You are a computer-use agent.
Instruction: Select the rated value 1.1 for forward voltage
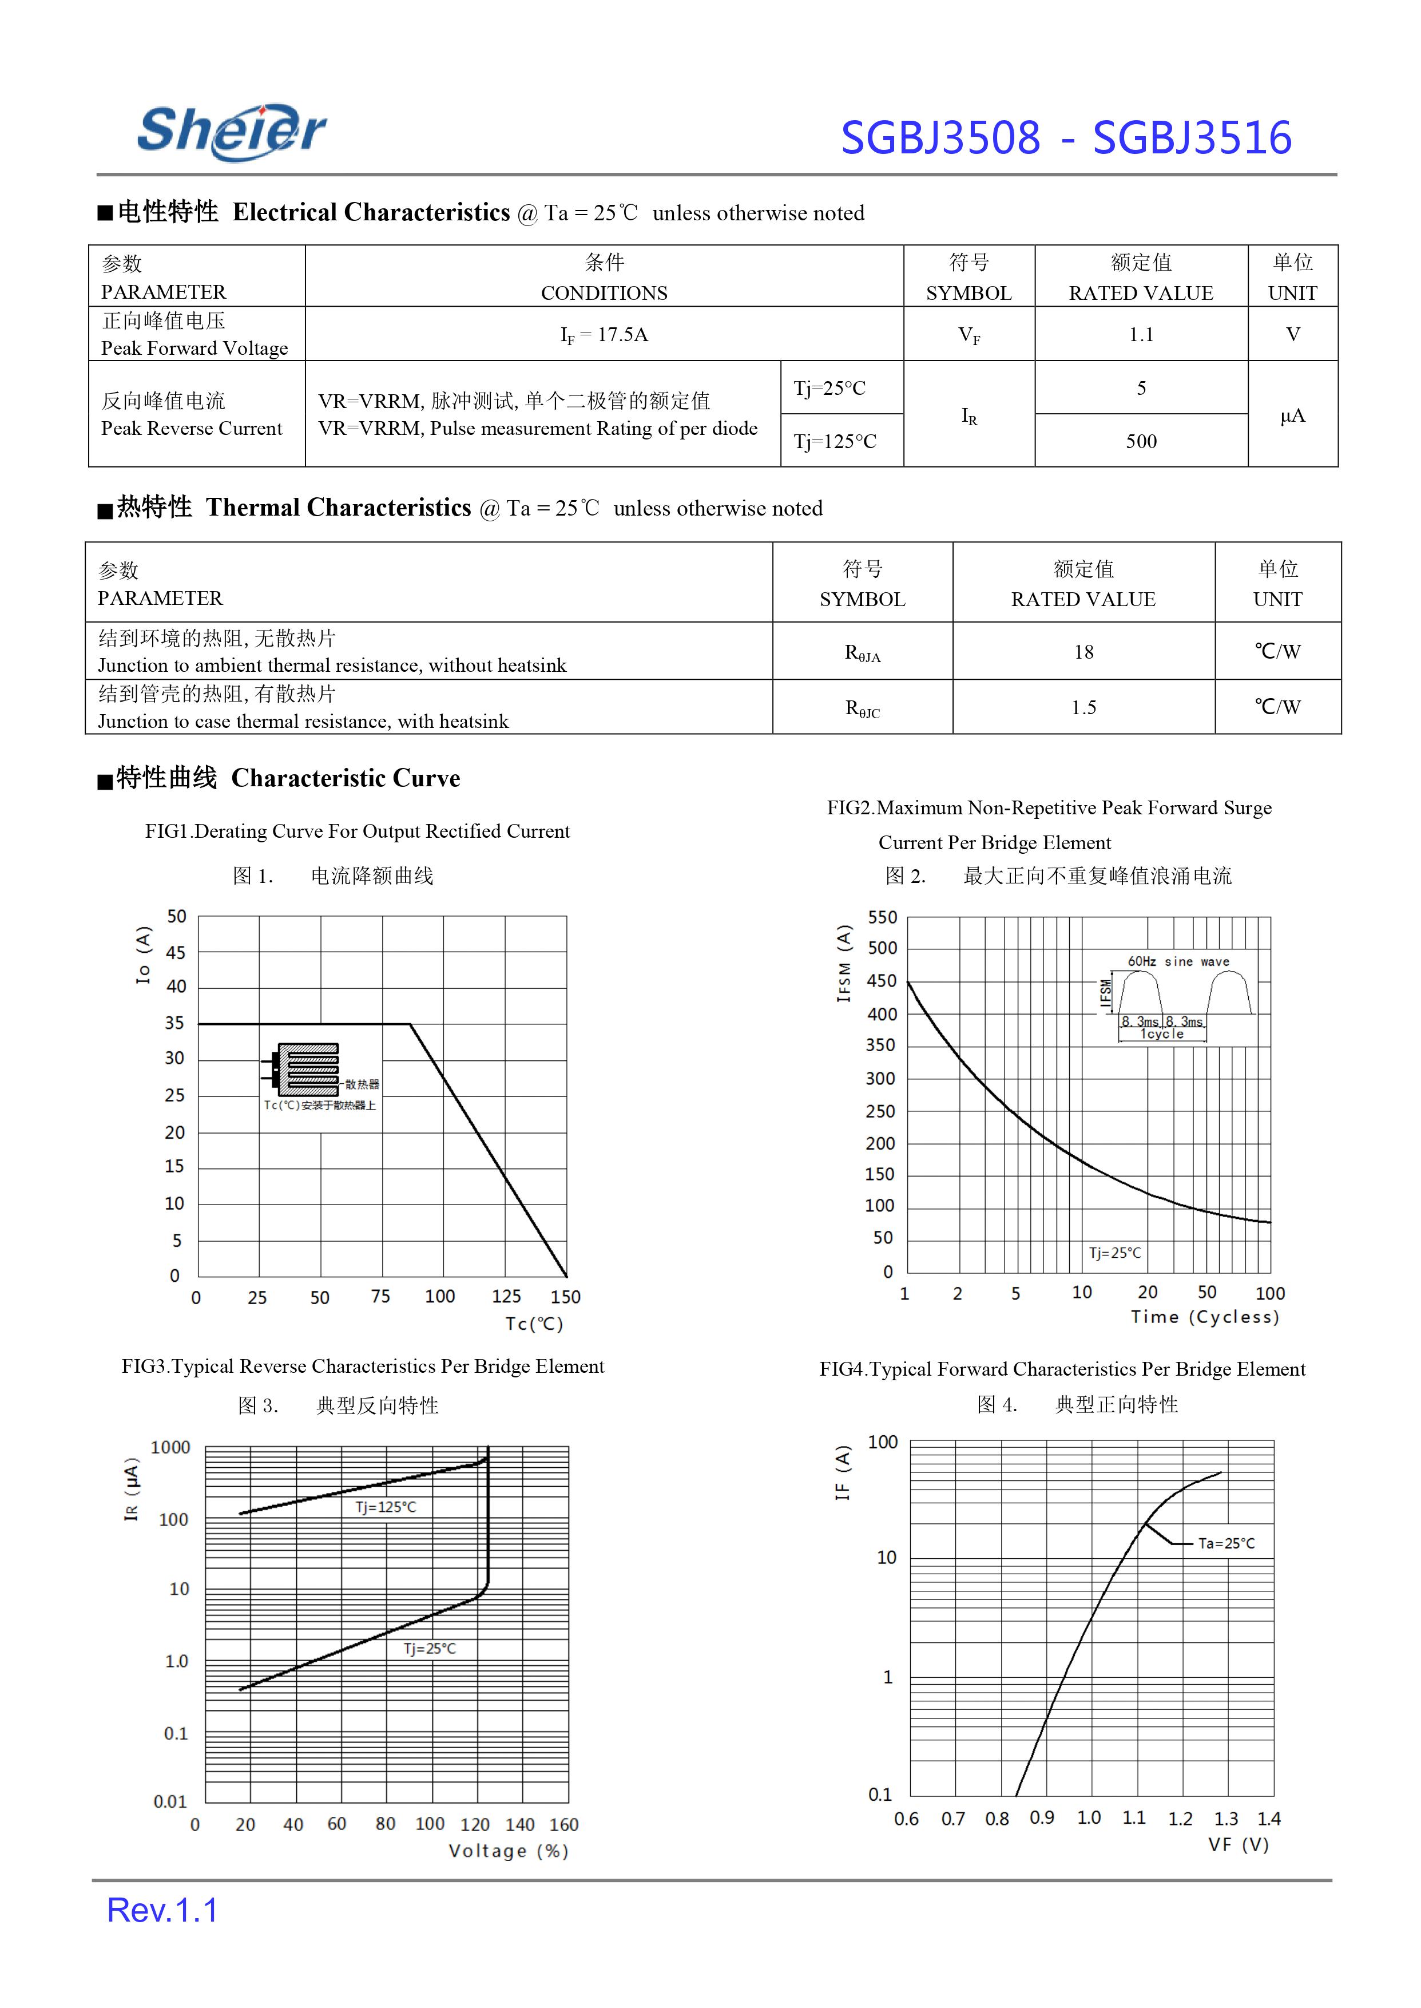(1141, 334)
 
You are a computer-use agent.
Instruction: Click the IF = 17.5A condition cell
(604, 334)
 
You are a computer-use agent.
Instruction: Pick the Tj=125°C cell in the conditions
(835, 441)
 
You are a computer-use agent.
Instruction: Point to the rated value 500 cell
(1141, 441)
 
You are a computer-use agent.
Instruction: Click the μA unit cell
(1292, 415)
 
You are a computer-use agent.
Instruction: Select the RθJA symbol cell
(862, 652)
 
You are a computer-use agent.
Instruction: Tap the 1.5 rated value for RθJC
(1083, 707)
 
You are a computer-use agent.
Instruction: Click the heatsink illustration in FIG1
(306, 1069)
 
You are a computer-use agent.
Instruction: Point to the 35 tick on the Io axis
(175, 1023)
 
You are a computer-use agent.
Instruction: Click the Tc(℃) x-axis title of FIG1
(534, 1324)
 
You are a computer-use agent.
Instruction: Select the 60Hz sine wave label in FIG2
(1178, 961)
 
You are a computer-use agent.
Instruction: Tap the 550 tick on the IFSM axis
(882, 917)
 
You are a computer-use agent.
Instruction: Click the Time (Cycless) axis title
(1204, 1317)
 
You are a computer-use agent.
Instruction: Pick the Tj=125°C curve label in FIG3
(386, 1507)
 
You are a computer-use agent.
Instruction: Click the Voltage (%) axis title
(509, 1851)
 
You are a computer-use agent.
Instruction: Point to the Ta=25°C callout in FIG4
(1226, 1543)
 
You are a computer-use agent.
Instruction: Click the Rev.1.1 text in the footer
(162, 1910)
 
